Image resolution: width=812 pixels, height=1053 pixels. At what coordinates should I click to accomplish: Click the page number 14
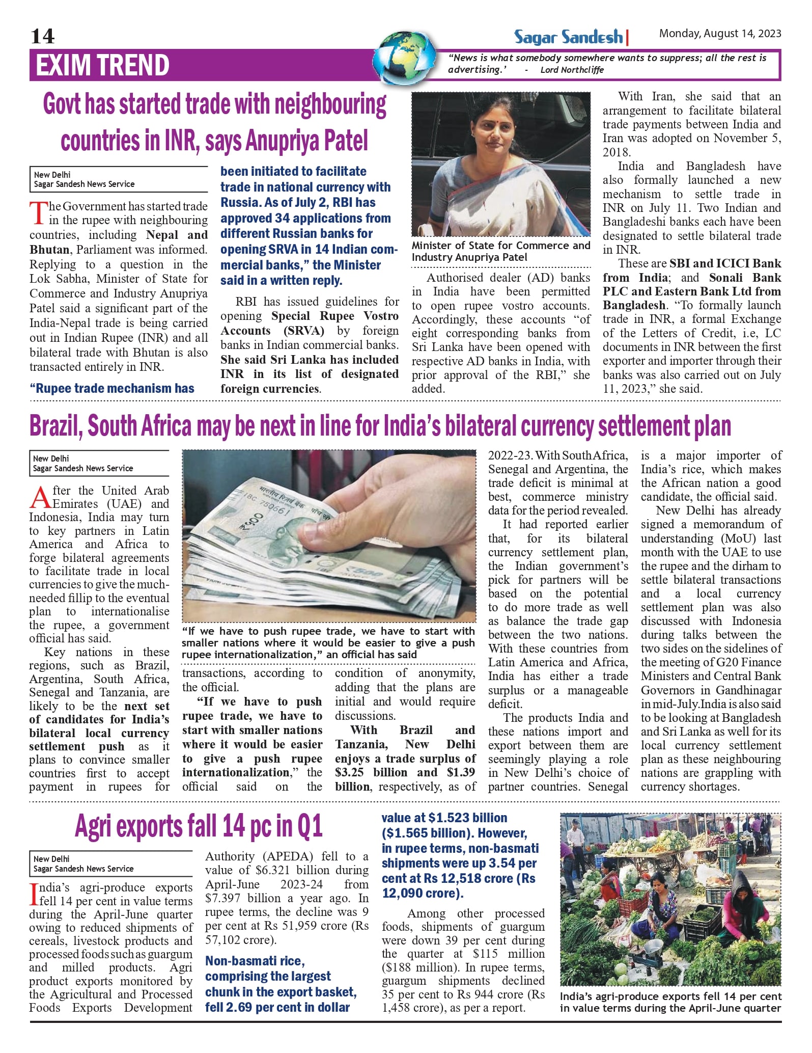(x=43, y=36)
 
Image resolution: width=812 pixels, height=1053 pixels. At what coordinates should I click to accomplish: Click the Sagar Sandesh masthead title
(x=569, y=37)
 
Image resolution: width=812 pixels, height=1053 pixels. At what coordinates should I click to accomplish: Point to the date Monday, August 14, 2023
(x=720, y=34)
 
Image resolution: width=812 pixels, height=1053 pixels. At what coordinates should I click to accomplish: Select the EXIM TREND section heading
(x=102, y=65)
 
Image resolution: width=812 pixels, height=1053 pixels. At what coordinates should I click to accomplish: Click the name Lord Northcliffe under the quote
(x=572, y=70)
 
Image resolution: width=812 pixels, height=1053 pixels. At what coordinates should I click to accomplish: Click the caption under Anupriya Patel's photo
(x=500, y=251)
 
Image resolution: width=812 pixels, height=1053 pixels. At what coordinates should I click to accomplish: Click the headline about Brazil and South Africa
(x=380, y=426)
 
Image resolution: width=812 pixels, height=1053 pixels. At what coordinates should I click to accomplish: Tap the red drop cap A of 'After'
(x=40, y=497)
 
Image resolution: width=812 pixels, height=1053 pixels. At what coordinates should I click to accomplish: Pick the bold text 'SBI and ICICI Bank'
(x=725, y=263)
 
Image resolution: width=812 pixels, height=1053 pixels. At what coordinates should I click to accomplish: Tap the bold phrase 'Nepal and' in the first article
(x=177, y=235)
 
